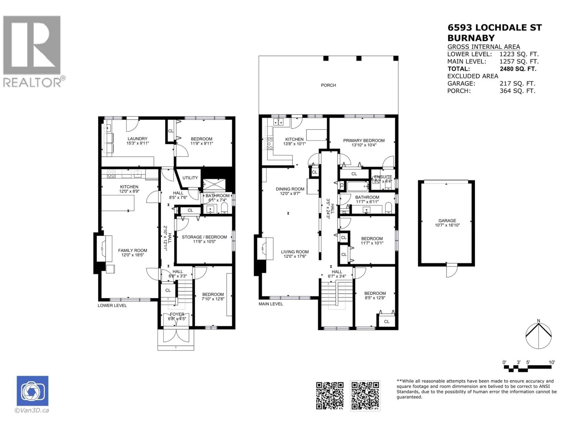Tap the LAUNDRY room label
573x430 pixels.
pos(137,139)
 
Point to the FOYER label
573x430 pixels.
pos(177,314)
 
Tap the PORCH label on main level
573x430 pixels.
pos(328,85)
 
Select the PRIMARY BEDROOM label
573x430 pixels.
pos(364,140)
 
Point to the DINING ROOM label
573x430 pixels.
pos(290,189)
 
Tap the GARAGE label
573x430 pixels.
pos(447,221)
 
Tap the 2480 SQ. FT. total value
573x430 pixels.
pos(518,69)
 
